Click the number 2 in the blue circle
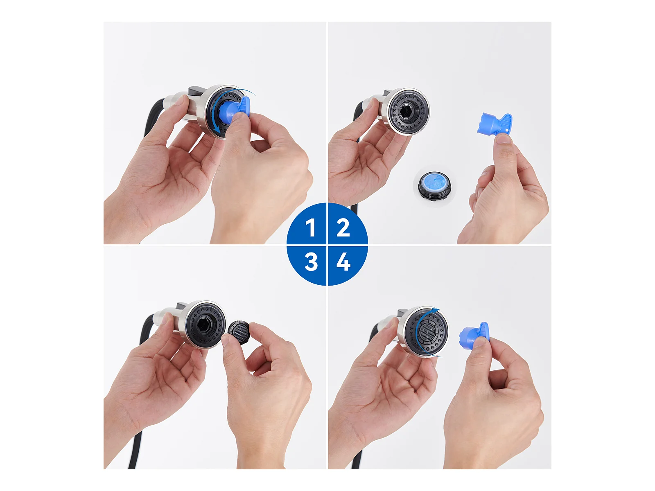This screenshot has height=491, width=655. tap(343, 227)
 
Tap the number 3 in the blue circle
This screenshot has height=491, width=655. tap(311, 262)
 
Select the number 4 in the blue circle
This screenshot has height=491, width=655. tap(343, 262)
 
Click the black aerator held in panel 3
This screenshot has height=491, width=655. tap(239, 332)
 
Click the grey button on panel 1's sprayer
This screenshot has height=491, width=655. tap(196, 89)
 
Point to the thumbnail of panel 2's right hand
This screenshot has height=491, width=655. tap(504, 139)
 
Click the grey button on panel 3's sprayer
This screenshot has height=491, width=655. tap(182, 305)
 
